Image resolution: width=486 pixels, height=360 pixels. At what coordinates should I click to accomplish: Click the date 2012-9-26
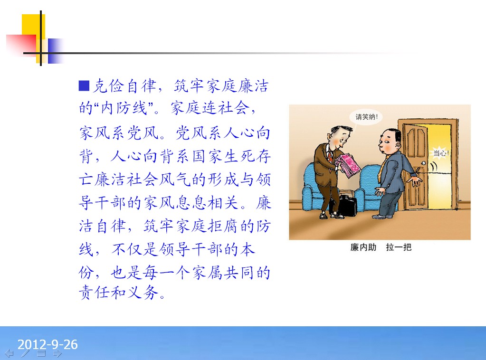pyautogui.click(x=48, y=344)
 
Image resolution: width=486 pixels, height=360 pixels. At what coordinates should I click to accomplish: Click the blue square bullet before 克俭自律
pyautogui.click(x=84, y=86)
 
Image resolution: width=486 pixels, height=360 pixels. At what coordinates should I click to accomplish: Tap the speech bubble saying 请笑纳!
pyautogui.click(x=366, y=117)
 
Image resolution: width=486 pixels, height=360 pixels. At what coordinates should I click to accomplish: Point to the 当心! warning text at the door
pyautogui.click(x=441, y=153)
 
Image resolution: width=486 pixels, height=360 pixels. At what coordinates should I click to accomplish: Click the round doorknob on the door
pyautogui.click(x=423, y=163)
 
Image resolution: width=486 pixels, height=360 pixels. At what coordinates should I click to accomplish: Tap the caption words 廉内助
pyautogui.click(x=363, y=247)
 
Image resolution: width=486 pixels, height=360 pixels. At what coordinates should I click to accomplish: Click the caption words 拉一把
pyautogui.click(x=399, y=247)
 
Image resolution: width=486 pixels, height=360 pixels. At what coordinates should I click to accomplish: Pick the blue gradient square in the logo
pyautogui.click(x=55, y=51)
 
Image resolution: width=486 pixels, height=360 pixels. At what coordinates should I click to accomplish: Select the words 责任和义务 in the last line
pyautogui.click(x=119, y=293)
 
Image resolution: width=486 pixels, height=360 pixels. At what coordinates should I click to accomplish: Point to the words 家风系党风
pyautogui.click(x=120, y=133)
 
